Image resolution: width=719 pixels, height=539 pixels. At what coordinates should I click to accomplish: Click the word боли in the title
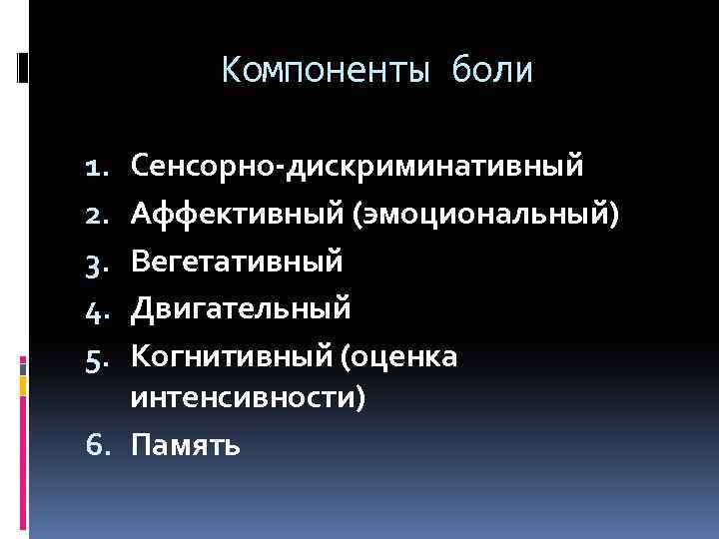[x=493, y=71]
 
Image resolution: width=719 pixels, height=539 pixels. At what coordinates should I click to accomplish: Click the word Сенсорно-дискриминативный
[x=357, y=165]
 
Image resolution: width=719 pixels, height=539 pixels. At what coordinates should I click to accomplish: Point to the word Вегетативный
[x=237, y=262]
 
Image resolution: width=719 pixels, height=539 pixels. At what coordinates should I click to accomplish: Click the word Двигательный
[x=241, y=309]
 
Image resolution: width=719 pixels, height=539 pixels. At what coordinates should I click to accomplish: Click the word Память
[x=185, y=444]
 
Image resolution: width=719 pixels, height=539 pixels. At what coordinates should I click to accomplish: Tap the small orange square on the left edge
[x=23, y=384]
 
